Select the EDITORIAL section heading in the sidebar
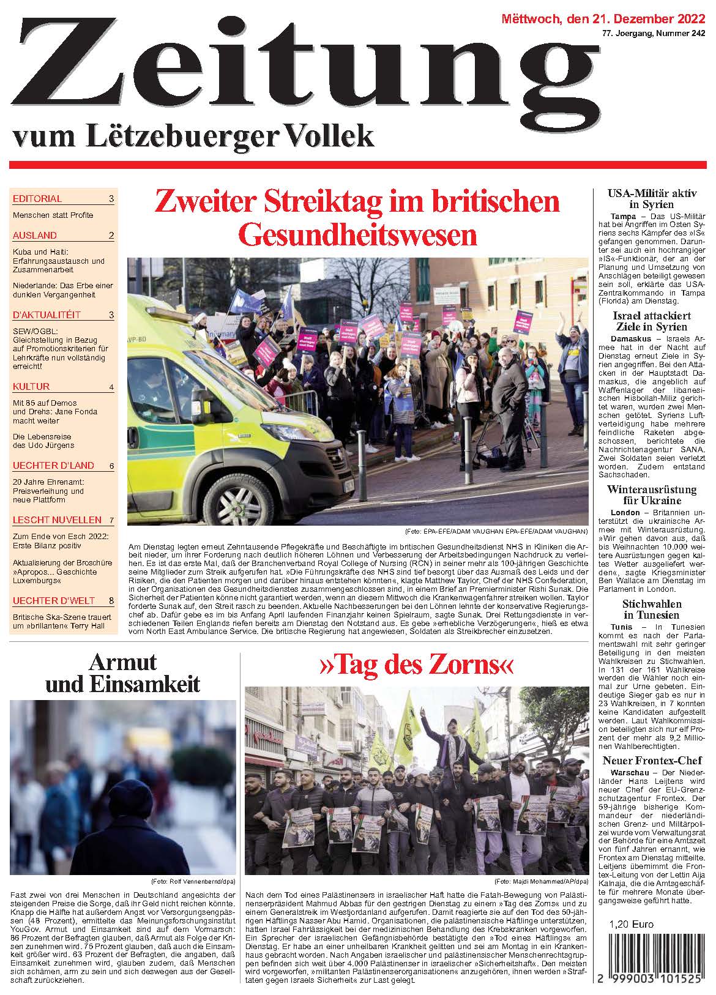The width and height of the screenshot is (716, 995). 37,198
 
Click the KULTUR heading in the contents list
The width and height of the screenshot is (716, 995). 31,386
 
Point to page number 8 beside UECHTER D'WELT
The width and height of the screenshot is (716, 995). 111,600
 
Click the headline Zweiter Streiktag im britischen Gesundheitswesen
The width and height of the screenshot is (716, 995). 357,217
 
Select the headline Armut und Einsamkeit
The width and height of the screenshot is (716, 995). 122,673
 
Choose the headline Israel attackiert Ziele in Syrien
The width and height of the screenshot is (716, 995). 652,321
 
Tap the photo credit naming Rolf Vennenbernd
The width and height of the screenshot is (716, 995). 193,881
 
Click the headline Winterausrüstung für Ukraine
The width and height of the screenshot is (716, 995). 652,494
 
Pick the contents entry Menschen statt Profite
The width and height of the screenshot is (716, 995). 53,215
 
